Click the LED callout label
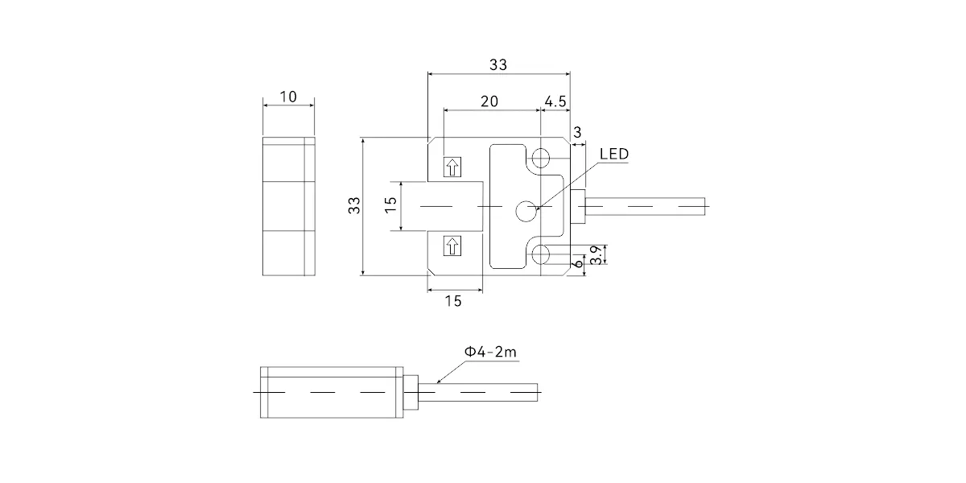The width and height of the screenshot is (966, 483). pos(614,154)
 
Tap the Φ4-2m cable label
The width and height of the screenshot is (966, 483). pos(490,352)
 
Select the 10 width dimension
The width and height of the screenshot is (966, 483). pos(288,97)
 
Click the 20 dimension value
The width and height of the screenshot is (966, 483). pos(489,101)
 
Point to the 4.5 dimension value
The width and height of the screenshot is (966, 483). pos(555,101)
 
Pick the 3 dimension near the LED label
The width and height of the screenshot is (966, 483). pos(577,132)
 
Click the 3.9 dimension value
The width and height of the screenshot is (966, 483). pos(596,255)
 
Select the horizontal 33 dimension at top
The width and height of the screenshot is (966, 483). pos(498,64)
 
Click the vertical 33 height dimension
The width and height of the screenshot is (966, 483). pos(354,205)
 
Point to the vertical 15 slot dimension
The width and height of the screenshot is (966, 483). pos(390,204)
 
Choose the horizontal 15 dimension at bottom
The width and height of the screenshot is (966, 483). pos(453,301)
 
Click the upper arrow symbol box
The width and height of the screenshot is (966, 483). pos(452,167)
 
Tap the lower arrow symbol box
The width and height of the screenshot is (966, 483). pos(452,246)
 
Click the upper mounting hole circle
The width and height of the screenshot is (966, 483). pos(540,158)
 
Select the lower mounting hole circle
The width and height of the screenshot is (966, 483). pos(540,254)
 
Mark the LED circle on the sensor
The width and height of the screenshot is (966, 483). pos(526,211)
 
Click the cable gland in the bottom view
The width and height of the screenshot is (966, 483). pos(411,393)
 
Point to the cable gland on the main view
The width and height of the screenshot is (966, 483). pos(578,207)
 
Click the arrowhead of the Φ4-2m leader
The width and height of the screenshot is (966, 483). pos(438,382)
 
